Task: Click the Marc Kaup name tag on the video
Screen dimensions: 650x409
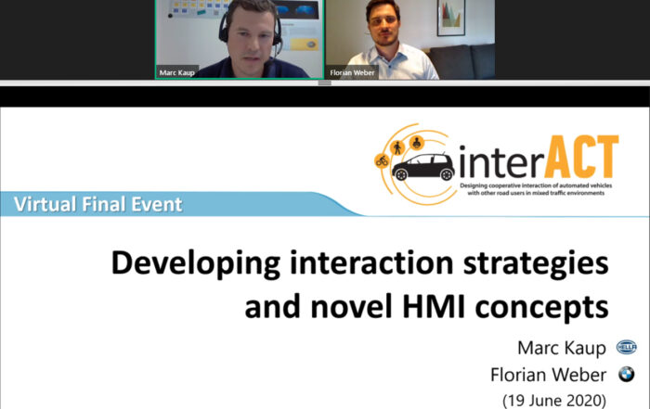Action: tap(177, 72)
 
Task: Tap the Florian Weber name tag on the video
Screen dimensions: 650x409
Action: tap(352, 72)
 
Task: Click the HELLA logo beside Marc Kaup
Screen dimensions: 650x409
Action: tap(627, 347)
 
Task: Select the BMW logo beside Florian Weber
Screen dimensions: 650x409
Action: tap(627, 374)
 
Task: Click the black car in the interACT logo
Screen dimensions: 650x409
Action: tap(423, 167)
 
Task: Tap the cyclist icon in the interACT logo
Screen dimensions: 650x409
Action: tap(382, 160)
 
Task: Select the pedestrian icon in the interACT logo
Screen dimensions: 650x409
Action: tap(397, 147)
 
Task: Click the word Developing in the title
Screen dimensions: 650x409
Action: tap(196, 264)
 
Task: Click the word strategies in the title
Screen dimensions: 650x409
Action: tap(536, 264)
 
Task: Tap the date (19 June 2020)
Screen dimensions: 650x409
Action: tap(554, 401)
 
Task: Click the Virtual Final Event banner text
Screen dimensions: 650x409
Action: tap(97, 204)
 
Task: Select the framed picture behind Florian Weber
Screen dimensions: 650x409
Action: tap(451, 18)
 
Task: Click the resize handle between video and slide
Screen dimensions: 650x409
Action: tap(325, 83)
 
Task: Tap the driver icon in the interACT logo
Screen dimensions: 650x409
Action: tap(417, 143)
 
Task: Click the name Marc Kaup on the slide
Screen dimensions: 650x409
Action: tap(562, 348)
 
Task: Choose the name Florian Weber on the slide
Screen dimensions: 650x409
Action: tap(548, 375)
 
